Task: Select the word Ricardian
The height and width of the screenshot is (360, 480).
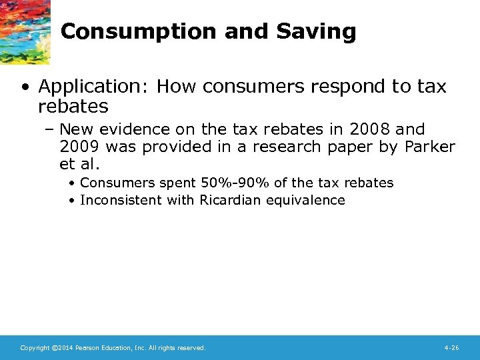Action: pos(231,200)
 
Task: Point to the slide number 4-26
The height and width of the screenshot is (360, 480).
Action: pos(451,348)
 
